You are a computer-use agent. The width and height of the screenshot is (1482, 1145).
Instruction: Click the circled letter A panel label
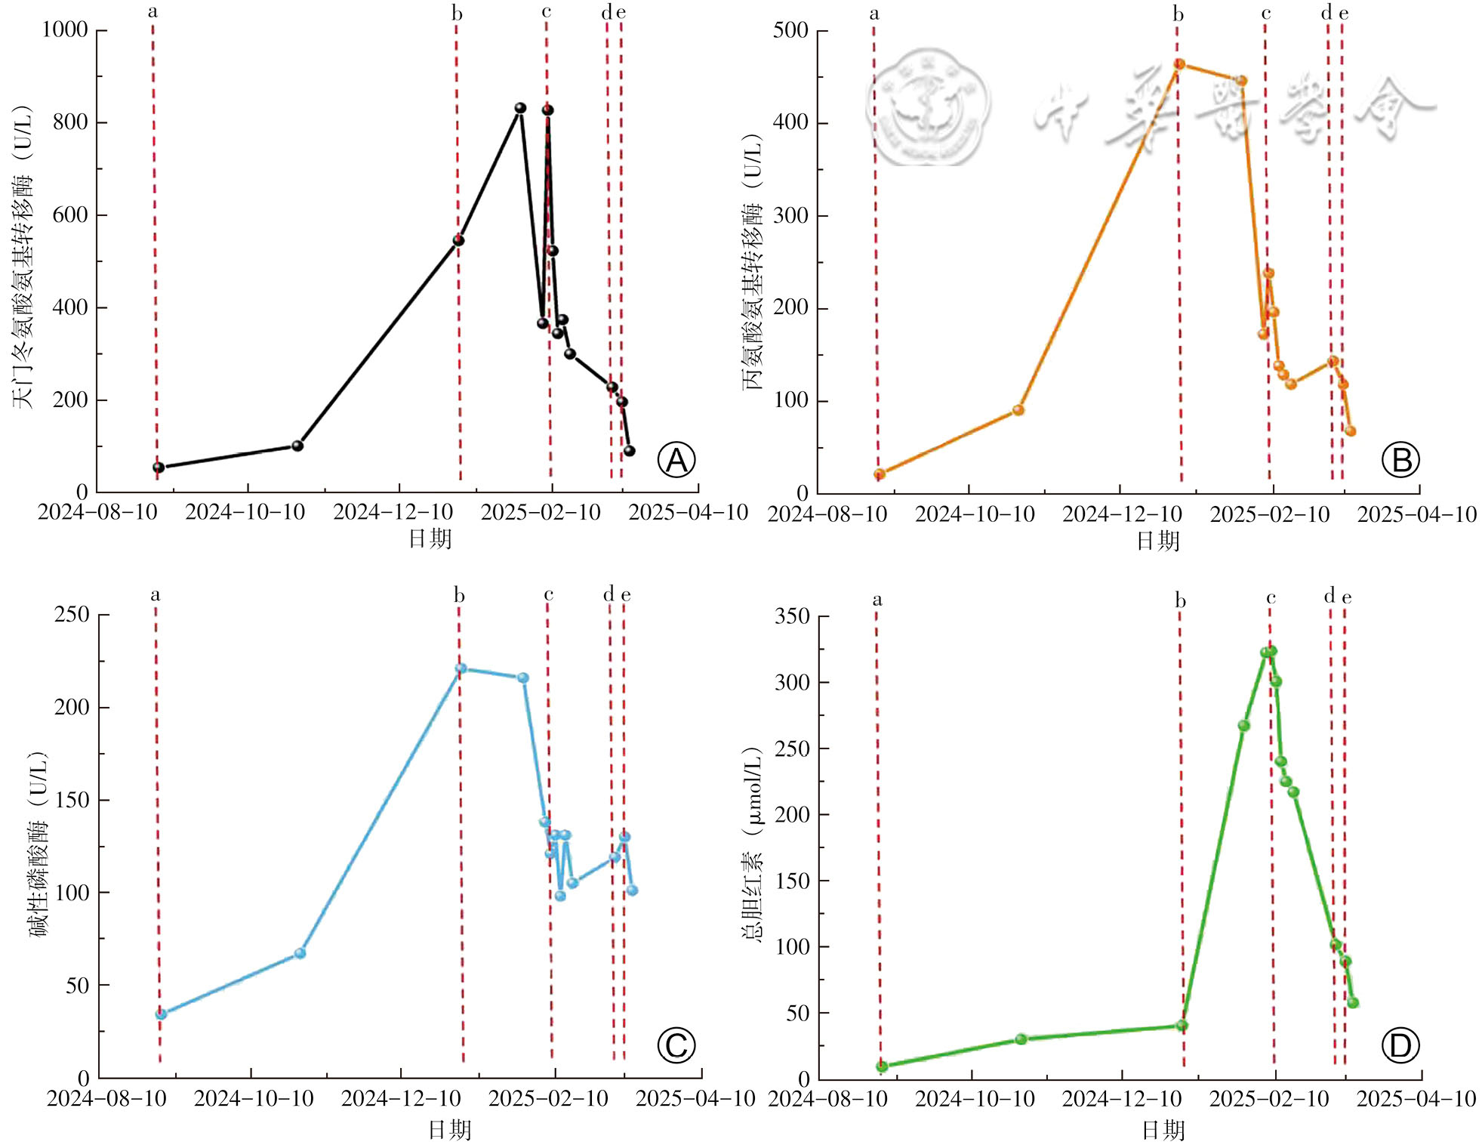point(676,460)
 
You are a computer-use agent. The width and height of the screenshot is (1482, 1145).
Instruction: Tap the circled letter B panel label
point(1400,460)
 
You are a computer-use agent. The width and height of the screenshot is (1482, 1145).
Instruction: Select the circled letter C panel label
point(676,1045)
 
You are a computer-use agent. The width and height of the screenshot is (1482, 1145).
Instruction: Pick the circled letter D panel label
point(1400,1046)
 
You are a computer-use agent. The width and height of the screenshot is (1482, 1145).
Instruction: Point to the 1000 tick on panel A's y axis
point(65,29)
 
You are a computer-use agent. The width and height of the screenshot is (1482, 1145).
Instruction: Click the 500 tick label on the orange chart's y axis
point(790,30)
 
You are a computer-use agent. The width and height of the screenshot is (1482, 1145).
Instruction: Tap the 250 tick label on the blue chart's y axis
point(72,614)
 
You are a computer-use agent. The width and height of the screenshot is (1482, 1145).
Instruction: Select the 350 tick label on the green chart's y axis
point(792,616)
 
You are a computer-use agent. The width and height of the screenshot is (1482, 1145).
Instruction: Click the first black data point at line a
point(159,468)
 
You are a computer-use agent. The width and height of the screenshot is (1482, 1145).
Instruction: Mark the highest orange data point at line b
point(1179,64)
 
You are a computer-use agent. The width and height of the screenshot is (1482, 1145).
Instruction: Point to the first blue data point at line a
point(161,1014)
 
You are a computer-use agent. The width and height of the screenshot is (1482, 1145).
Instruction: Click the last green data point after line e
point(1353,1003)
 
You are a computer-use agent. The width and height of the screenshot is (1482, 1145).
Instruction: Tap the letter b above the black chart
point(457,14)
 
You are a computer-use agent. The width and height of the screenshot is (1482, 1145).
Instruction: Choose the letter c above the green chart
point(1271,598)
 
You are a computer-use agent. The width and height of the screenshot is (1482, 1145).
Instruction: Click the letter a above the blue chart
point(156,595)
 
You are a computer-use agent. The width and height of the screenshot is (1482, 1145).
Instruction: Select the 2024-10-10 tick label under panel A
point(245,512)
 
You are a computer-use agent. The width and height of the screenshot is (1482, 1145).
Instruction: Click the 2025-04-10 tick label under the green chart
point(1416,1098)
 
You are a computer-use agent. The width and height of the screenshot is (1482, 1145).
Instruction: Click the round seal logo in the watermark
point(928,107)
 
